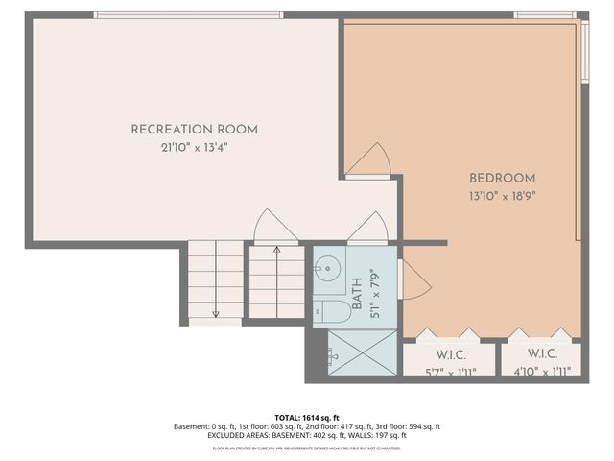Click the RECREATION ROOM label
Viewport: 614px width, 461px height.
194,130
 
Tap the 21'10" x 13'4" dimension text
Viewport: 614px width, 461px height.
194,148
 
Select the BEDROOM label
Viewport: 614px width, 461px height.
502,178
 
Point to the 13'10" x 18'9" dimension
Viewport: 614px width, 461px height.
502,196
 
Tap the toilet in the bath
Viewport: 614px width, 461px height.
331,309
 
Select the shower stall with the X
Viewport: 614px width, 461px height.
362,352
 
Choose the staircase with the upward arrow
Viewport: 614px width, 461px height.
276,280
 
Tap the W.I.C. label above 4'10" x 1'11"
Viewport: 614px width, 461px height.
543,353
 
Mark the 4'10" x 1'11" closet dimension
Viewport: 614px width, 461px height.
543,371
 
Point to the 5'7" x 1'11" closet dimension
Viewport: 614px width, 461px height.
450,371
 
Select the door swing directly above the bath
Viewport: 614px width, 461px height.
367,230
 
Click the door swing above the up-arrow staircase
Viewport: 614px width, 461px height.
276,229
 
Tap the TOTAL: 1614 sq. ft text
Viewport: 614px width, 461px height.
306,418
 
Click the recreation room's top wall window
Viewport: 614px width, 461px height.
188,14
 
